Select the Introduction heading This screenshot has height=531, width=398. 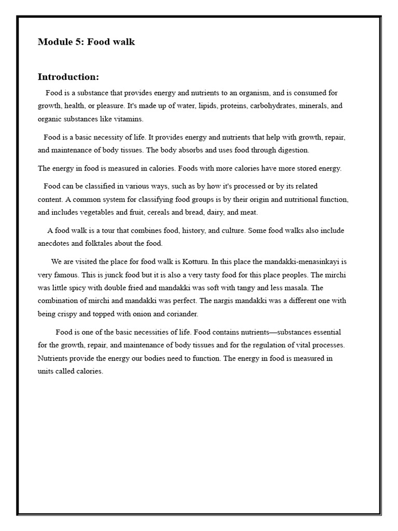point(68,77)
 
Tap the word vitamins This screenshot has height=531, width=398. point(128,119)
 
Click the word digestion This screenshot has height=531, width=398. point(291,150)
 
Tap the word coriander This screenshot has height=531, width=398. point(179,314)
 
